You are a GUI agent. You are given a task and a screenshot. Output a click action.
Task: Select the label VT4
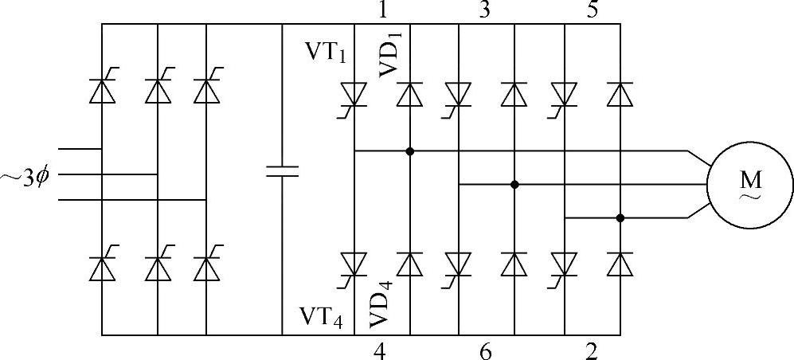click(x=322, y=317)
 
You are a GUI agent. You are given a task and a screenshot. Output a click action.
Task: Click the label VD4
click(x=380, y=300)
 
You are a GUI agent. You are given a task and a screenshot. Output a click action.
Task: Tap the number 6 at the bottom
click(x=485, y=350)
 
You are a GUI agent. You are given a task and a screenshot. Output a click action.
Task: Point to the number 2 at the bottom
click(x=590, y=350)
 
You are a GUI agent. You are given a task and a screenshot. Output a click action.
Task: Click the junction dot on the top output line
click(x=410, y=151)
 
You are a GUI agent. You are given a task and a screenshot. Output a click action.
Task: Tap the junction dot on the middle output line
click(x=514, y=184)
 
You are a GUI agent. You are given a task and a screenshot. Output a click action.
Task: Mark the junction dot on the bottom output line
click(x=620, y=217)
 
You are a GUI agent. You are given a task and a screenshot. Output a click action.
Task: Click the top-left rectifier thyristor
click(x=103, y=91)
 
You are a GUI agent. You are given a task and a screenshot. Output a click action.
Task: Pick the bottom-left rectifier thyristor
click(x=103, y=268)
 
